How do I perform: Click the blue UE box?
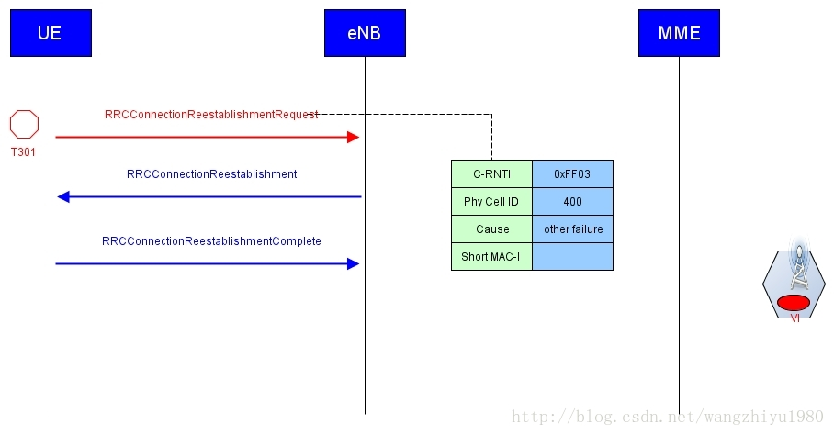click(51, 33)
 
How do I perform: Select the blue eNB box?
click(365, 33)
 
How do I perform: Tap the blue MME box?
click(679, 33)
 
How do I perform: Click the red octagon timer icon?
click(24, 124)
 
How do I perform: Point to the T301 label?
click(23, 152)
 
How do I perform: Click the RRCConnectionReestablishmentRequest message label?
click(211, 115)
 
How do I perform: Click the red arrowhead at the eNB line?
click(353, 137)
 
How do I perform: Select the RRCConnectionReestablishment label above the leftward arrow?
click(211, 173)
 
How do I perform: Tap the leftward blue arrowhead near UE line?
click(63, 196)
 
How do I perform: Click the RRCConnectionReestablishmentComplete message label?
click(211, 241)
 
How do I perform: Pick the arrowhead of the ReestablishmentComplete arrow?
click(353, 263)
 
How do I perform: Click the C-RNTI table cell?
click(491, 174)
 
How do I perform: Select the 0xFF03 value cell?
click(572, 174)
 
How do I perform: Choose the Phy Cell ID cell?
click(491, 202)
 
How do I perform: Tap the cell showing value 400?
click(572, 202)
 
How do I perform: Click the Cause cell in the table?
click(491, 229)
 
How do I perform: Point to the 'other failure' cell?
click(572, 229)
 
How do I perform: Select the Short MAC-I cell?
click(491, 257)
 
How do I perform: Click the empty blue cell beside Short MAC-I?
click(572, 257)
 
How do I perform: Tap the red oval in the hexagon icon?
click(794, 302)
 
